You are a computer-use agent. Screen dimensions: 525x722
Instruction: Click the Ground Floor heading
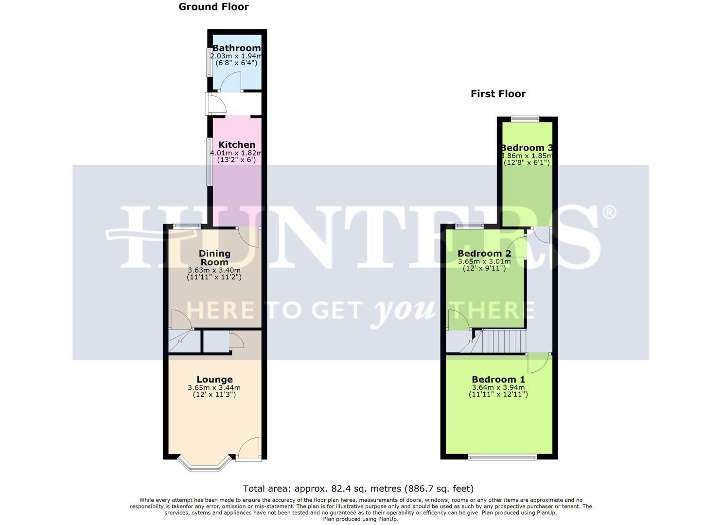tap(213, 7)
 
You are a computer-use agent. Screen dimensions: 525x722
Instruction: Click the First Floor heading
tap(498, 94)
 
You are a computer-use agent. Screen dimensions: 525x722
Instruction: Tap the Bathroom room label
tap(236, 48)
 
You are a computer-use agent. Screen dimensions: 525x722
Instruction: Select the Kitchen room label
tap(236, 145)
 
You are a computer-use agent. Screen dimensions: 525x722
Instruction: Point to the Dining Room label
tap(214, 258)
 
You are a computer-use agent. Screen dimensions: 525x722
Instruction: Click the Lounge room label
tap(214, 380)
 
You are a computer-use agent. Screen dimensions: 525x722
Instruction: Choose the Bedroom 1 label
tap(498, 380)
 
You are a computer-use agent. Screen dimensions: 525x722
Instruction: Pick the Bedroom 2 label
tap(484, 253)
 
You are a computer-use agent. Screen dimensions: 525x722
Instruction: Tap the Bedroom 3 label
tap(527, 148)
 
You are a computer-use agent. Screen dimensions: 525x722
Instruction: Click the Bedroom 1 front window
tap(502, 457)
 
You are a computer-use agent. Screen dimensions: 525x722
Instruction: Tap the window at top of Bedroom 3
tap(525, 118)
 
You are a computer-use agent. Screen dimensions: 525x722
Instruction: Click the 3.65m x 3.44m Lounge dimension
tap(214, 388)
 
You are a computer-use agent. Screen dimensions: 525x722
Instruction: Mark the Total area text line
tap(358, 489)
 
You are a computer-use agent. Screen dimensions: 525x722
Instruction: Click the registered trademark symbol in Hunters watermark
tap(609, 212)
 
